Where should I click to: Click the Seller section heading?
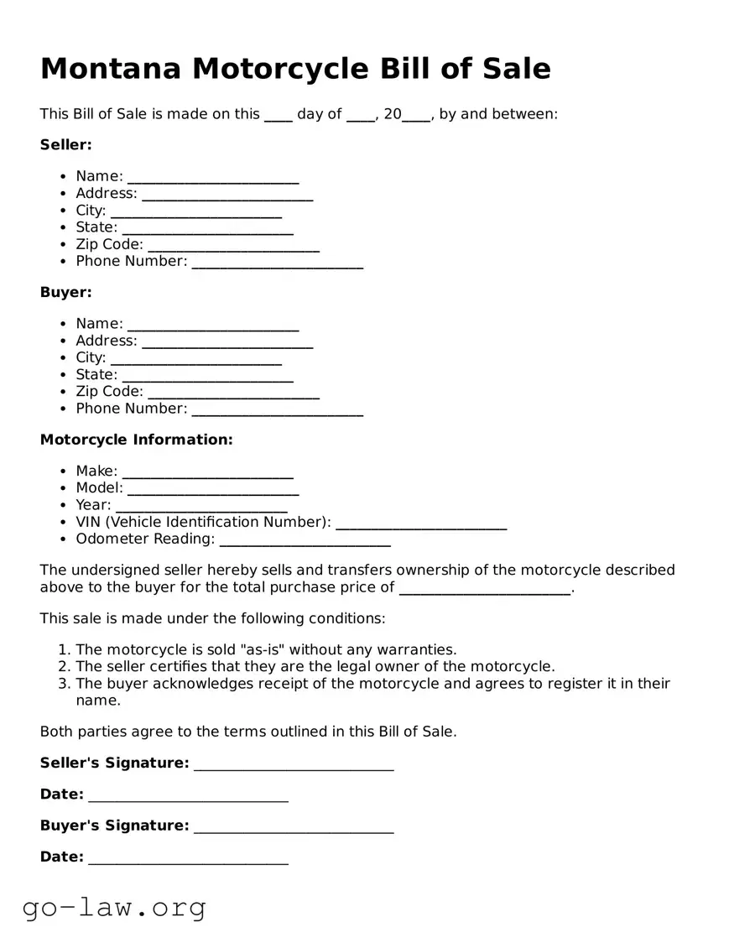click(65, 145)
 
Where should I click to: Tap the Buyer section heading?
click(65, 293)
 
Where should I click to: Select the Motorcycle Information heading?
click(136, 440)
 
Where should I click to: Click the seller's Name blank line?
click(213, 178)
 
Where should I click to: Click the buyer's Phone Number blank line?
click(277, 410)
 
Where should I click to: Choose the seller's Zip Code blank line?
click(233, 246)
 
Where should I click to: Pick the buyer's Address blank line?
click(227, 342)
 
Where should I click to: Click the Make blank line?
click(207, 473)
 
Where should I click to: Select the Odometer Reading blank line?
click(305, 540)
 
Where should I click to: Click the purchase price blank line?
click(484, 590)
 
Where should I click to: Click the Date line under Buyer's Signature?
click(188, 859)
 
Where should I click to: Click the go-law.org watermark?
click(114, 907)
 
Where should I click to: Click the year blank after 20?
click(415, 116)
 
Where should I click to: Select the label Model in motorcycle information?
click(98, 488)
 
